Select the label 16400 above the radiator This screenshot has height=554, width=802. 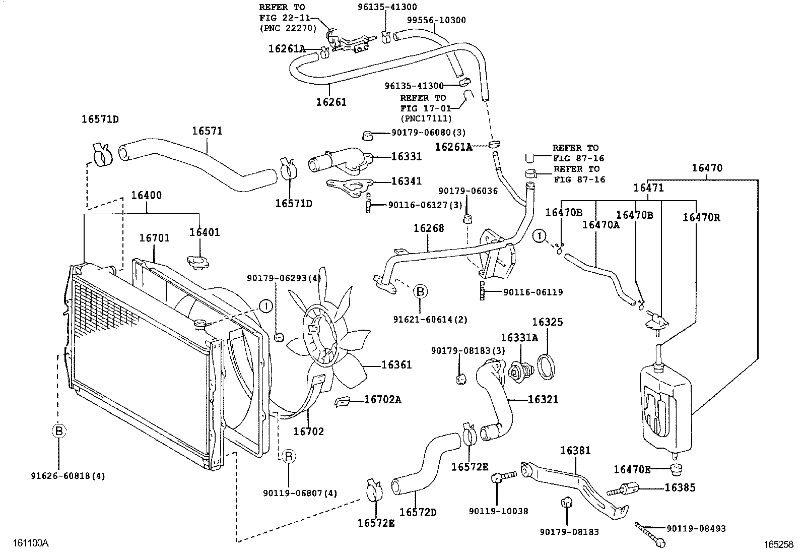tap(147, 195)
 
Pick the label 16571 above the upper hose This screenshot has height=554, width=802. tap(207, 131)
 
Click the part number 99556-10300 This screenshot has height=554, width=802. tap(436, 20)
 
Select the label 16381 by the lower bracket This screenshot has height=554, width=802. tap(575, 450)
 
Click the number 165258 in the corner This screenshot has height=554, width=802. tap(778, 544)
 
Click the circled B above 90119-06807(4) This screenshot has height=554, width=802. tap(289, 457)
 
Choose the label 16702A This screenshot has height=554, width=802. tap(382, 400)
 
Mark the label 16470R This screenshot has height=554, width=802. tap(701, 218)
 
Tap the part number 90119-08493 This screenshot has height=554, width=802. tap(696, 528)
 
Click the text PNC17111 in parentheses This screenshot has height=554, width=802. tap(426, 119)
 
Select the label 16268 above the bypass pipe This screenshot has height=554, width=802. tap(429, 228)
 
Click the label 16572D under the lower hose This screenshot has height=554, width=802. tap(418, 512)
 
